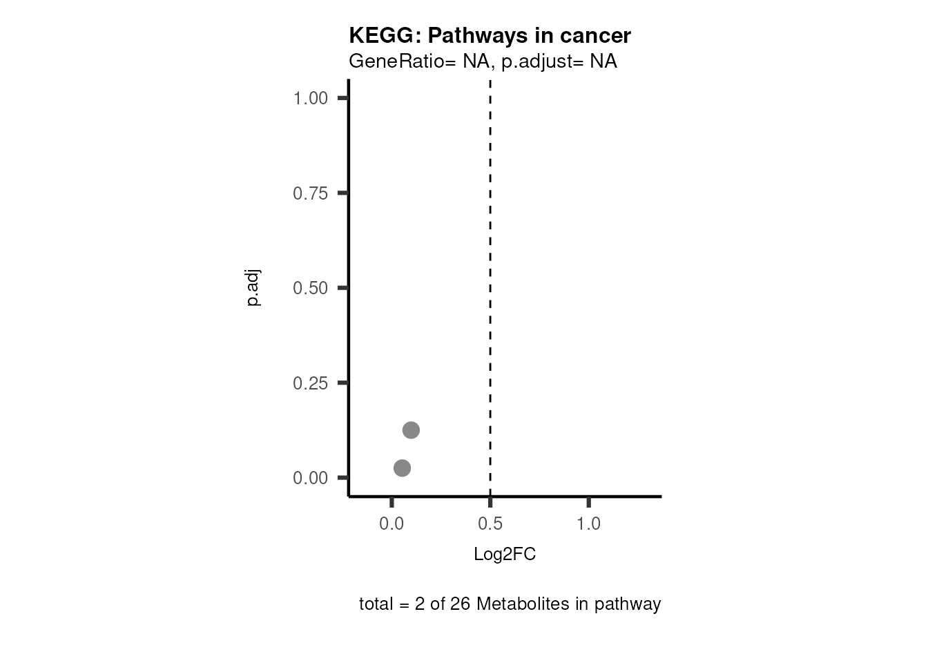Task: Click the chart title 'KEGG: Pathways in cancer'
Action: (x=490, y=35)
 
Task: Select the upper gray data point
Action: (x=411, y=430)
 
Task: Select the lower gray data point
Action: (x=402, y=468)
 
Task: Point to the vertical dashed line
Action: (x=490, y=276)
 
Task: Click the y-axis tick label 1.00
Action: (x=310, y=98)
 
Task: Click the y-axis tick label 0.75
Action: (x=310, y=193)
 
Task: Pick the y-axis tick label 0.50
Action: (x=310, y=288)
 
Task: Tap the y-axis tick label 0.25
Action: (x=310, y=383)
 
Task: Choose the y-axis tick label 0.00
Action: (x=310, y=478)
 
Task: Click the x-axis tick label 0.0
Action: (x=391, y=524)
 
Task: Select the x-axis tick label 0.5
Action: (x=490, y=524)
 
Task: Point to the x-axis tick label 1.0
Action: (x=589, y=524)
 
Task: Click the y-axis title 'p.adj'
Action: (x=253, y=288)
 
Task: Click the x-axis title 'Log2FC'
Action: (x=505, y=555)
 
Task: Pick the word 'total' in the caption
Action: (x=375, y=604)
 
